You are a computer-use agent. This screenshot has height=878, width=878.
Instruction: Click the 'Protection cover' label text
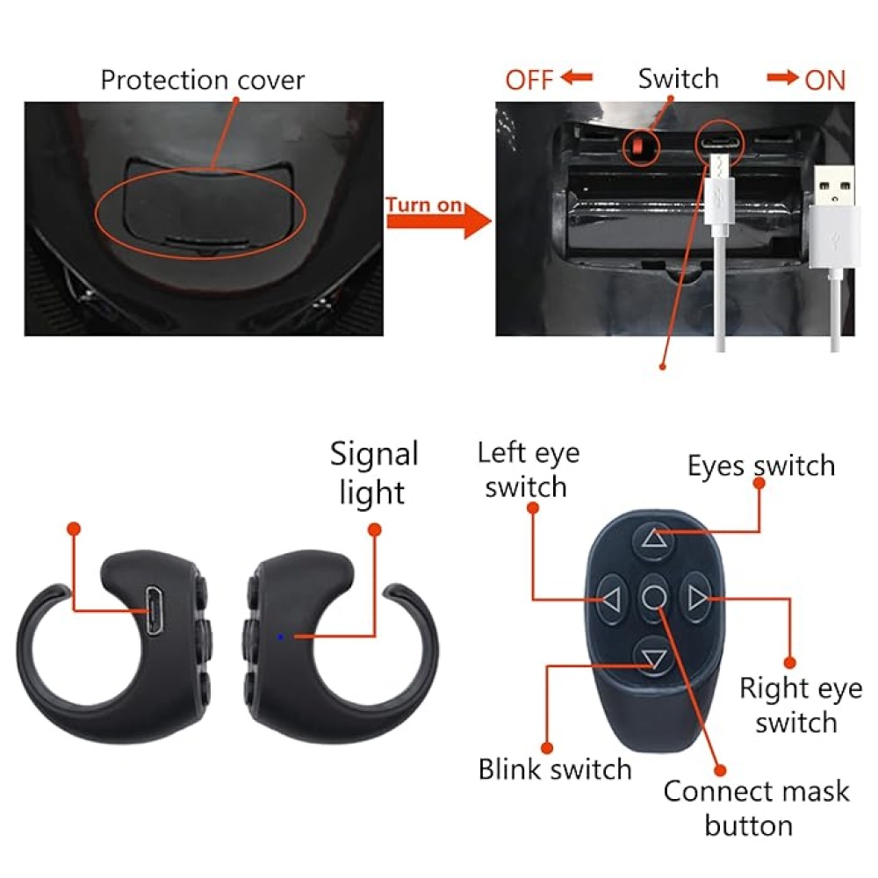pos(202,80)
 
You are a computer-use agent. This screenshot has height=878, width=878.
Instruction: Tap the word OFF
pos(529,81)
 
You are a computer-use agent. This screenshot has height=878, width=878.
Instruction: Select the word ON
pos(824,81)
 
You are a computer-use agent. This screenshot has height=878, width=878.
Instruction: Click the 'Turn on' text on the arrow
pos(424,205)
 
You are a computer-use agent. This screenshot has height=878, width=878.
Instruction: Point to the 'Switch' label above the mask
pos(678,79)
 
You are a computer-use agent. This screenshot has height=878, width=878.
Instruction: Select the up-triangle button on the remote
pos(653,538)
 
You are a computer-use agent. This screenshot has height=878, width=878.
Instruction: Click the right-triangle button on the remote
pos(697,600)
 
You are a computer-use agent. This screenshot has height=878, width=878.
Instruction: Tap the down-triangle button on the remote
pos(652,658)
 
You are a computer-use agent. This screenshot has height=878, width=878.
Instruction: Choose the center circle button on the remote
pos(653,598)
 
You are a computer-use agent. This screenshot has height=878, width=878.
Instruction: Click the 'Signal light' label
pos(373,473)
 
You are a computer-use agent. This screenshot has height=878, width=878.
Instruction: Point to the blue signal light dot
pos(280,637)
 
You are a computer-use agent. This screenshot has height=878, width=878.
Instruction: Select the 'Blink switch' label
pos(554,769)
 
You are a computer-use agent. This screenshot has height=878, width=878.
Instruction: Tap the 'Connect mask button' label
pos(755,808)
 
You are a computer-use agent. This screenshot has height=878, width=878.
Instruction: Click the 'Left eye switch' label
pos(528,470)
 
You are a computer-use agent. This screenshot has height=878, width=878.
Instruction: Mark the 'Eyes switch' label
pos(760,465)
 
